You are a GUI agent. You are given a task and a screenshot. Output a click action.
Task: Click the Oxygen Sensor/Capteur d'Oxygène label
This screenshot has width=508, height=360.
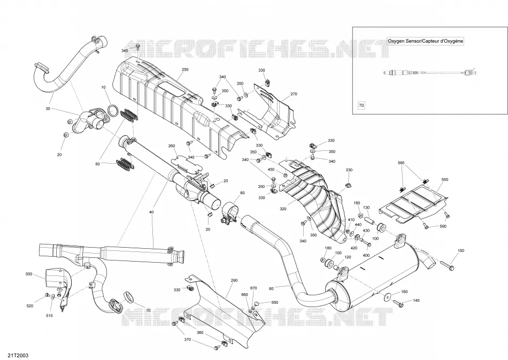tap(426, 41)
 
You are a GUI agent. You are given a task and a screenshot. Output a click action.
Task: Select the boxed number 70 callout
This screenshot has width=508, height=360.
tap(361, 105)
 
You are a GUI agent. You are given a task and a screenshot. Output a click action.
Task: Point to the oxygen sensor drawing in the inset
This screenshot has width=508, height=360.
tap(429, 73)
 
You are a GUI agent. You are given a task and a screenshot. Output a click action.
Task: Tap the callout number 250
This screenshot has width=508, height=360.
tap(185, 70)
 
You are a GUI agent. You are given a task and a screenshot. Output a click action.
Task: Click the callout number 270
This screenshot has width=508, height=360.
tap(294, 94)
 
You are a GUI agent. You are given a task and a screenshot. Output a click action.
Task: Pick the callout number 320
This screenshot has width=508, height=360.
tap(283, 209)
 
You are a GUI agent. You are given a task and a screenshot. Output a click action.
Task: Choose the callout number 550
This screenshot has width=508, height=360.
tap(445, 180)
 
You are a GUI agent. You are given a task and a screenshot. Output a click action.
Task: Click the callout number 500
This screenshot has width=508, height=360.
tap(29, 274)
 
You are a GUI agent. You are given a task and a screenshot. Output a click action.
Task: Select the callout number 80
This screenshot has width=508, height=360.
tap(242, 193)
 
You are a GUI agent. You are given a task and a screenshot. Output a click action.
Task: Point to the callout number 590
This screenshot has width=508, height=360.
tap(443, 226)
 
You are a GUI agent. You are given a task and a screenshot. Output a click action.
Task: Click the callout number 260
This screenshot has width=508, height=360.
tap(172, 146)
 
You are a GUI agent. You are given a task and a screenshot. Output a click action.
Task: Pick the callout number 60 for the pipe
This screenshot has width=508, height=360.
tap(271, 288)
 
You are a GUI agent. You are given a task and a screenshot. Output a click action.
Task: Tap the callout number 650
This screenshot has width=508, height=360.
tap(275, 303)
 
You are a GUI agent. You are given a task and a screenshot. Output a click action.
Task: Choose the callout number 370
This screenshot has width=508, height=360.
tap(187, 340)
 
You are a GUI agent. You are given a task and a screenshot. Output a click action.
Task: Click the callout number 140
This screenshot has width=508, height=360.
tap(417, 301)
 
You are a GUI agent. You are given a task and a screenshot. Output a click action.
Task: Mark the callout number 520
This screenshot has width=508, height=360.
tap(29, 306)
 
